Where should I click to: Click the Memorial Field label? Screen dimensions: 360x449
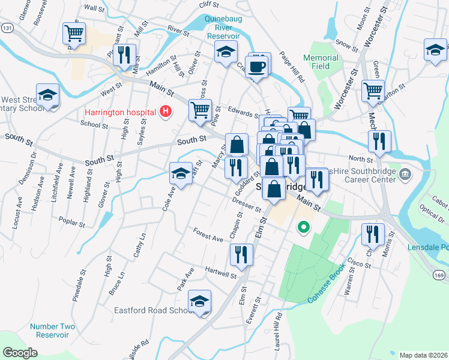click(x=321, y=62)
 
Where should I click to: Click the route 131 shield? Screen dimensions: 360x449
click(x=7, y=28)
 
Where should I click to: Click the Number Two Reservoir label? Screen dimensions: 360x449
click(x=53, y=331)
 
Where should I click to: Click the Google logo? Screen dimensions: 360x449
click(x=20, y=352)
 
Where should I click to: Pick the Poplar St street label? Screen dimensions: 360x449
click(x=72, y=221)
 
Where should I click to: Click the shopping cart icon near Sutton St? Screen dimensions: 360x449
click(x=373, y=91)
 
